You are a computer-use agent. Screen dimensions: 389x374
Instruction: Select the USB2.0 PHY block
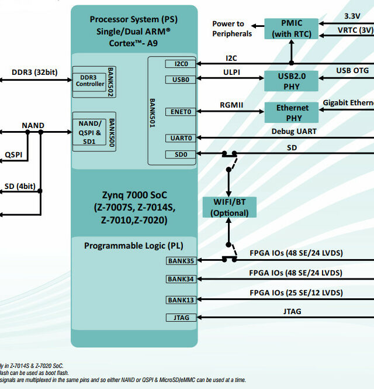point(292,81)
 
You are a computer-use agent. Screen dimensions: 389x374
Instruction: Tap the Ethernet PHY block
point(292,112)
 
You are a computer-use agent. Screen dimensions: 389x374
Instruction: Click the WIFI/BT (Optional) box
point(229,208)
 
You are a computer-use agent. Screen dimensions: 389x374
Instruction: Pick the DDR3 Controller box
point(89,80)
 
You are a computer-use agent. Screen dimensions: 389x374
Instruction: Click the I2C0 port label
point(181,63)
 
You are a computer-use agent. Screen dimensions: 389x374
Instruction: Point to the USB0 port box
point(181,80)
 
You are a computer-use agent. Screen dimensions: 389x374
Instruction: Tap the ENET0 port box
point(181,112)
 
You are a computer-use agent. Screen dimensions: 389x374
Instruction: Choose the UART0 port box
point(181,138)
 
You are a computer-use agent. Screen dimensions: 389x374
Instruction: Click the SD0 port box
point(181,154)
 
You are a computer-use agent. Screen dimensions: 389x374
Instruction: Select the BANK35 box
point(181,260)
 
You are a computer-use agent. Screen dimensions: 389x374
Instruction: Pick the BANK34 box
point(181,279)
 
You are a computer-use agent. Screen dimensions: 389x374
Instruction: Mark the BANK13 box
point(181,300)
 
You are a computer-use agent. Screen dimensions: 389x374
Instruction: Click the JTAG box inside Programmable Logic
point(181,318)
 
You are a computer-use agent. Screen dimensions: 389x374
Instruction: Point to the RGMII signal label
point(232,105)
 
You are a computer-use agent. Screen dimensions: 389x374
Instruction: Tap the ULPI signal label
point(231,73)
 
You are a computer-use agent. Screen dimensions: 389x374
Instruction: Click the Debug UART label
point(294,131)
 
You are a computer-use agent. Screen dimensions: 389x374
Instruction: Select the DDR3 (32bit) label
point(34,73)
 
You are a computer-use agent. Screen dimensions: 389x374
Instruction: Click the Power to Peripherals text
point(232,29)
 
